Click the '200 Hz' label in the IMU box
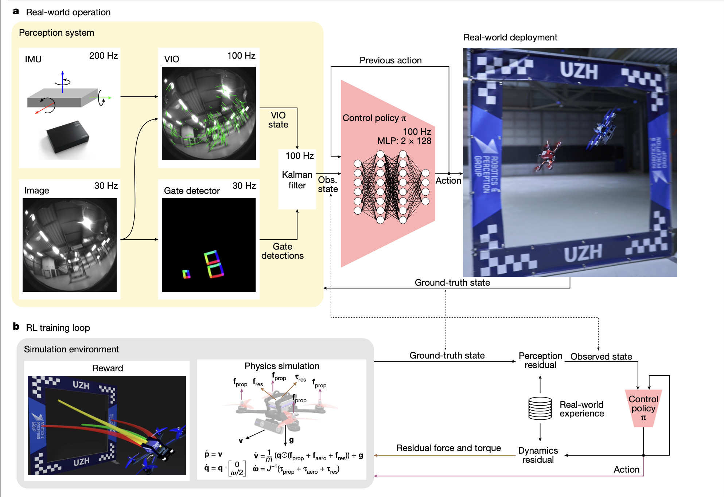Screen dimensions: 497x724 coord(103,56)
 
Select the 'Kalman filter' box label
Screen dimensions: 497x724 coord(297,180)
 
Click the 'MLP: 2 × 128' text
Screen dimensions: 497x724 coord(404,141)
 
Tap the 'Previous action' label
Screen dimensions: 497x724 coord(390,60)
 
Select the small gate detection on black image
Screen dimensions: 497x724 coord(186,274)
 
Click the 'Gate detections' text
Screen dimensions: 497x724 coord(282,251)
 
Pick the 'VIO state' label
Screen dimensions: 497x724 coord(278,120)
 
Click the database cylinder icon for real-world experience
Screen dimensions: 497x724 coord(540,408)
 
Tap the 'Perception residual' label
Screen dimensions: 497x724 coord(540,360)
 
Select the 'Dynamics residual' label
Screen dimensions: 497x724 coord(538,455)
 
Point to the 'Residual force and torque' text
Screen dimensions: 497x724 coord(448,448)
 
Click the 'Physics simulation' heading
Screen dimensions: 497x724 coord(282,366)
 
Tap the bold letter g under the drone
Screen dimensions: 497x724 coord(291,440)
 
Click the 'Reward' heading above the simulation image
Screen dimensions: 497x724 coord(108,368)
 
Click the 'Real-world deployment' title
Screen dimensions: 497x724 coord(510,38)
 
